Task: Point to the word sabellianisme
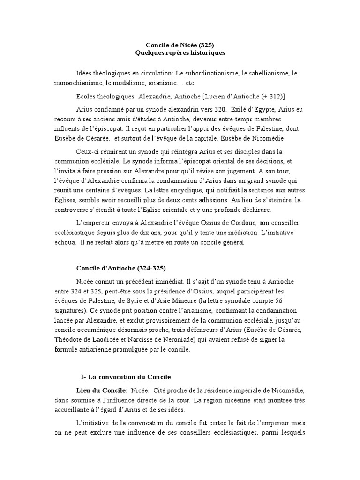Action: pyautogui.click(x=268, y=74)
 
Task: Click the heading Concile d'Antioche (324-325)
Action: pyautogui.click(x=121, y=268)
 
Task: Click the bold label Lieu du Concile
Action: pyautogui.click(x=101, y=390)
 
